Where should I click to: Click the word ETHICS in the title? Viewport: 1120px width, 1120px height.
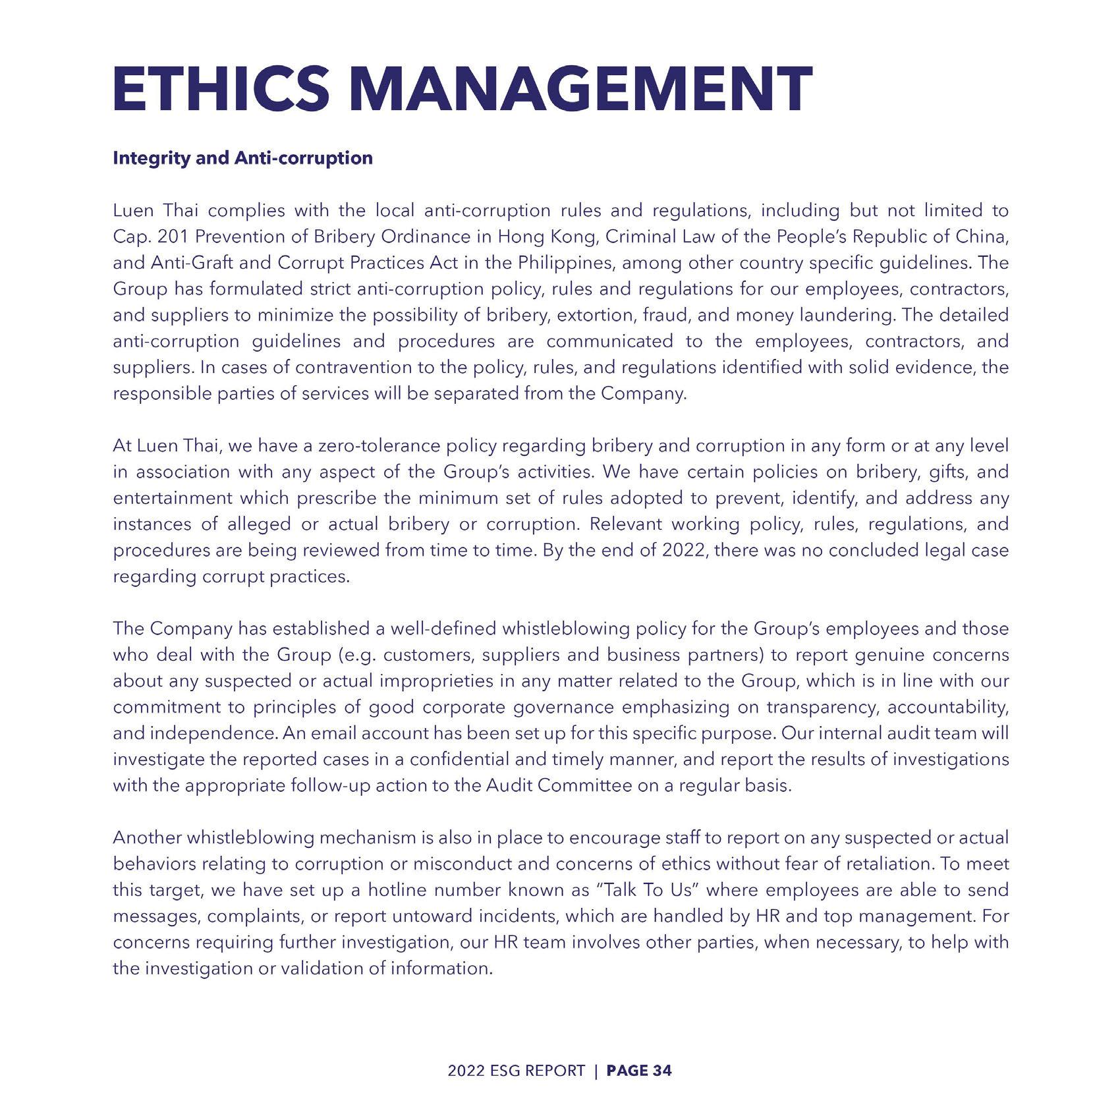[221, 89]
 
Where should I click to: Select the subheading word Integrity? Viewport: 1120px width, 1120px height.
[152, 159]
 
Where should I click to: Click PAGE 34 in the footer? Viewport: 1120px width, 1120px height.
[638, 1071]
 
